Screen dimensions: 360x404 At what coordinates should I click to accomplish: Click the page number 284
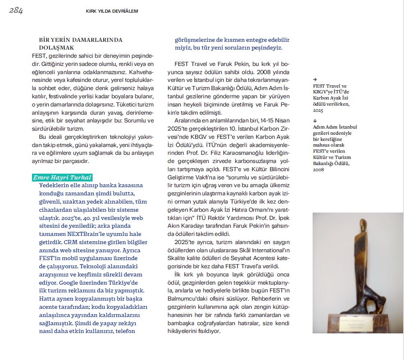16,11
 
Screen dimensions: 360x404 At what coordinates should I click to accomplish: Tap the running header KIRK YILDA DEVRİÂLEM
112,11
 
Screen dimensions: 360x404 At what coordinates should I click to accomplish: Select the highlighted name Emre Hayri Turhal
62,177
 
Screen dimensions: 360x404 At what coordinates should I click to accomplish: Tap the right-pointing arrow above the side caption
315,79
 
